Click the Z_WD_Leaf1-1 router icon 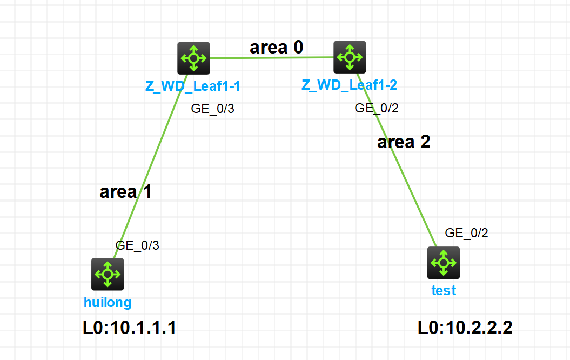tap(193, 58)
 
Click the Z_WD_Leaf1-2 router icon tap(350, 57)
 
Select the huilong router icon tap(108, 274)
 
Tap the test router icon tap(444, 263)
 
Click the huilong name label tap(108, 302)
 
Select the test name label tap(444, 290)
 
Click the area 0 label tap(276, 48)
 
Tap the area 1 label tap(125, 192)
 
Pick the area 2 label tap(404, 142)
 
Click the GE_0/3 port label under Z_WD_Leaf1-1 tap(213, 109)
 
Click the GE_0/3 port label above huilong tap(137, 245)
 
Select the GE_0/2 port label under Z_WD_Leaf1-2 tap(377, 108)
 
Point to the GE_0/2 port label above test tap(466, 233)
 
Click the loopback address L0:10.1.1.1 tap(129, 328)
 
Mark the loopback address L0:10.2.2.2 tap(465, 328)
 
